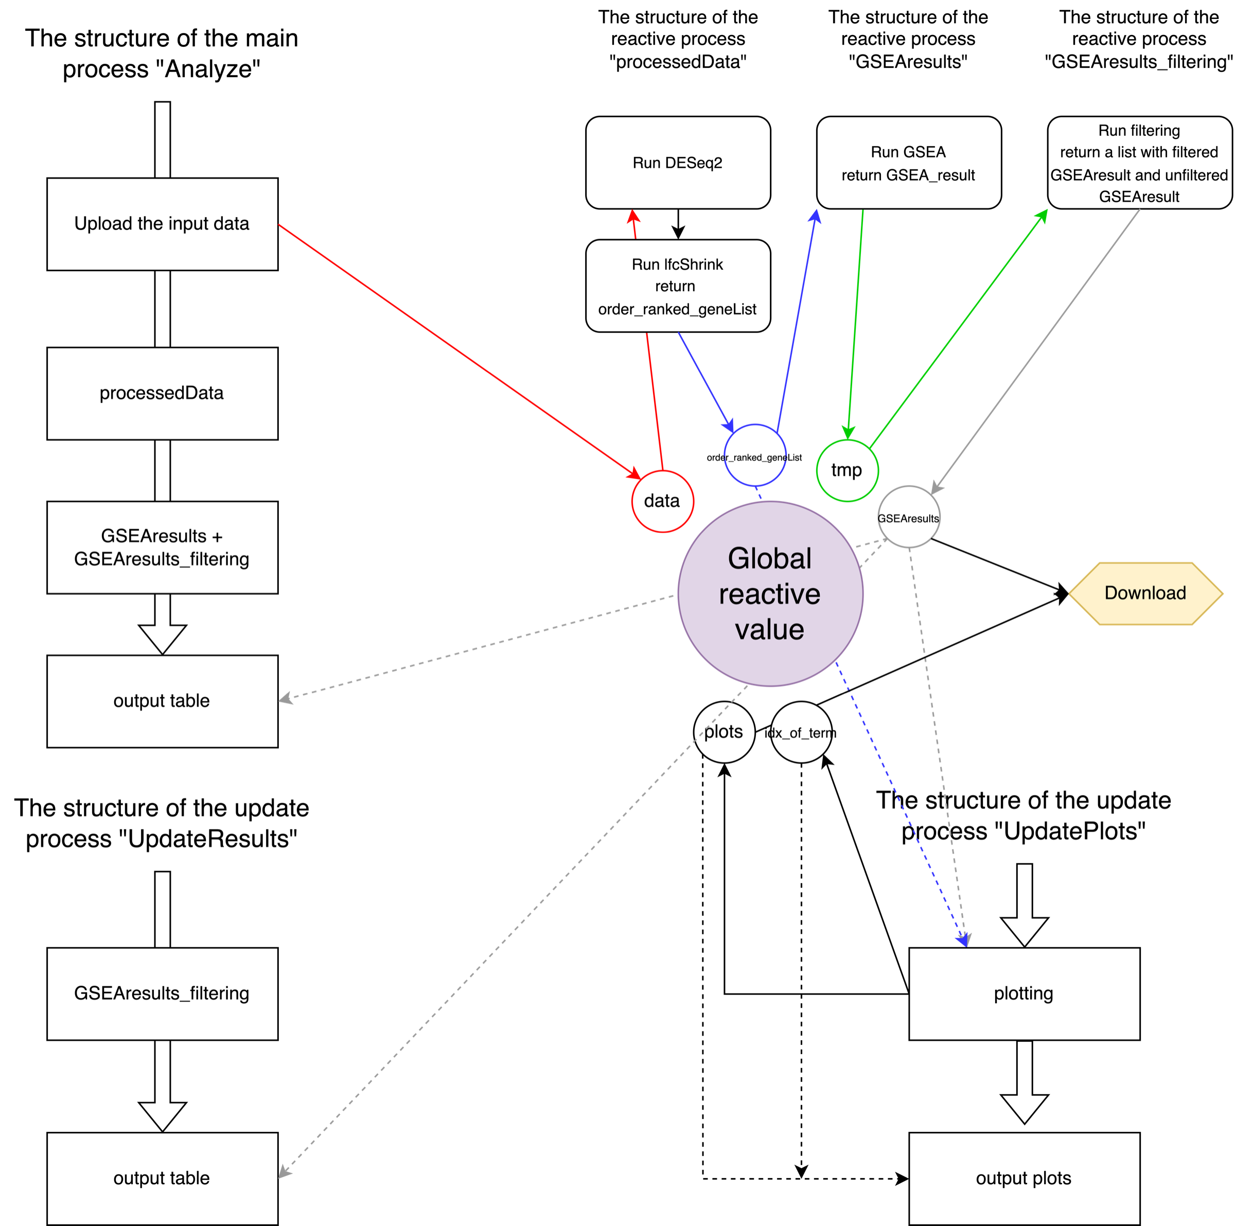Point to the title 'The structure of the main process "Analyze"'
162,54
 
